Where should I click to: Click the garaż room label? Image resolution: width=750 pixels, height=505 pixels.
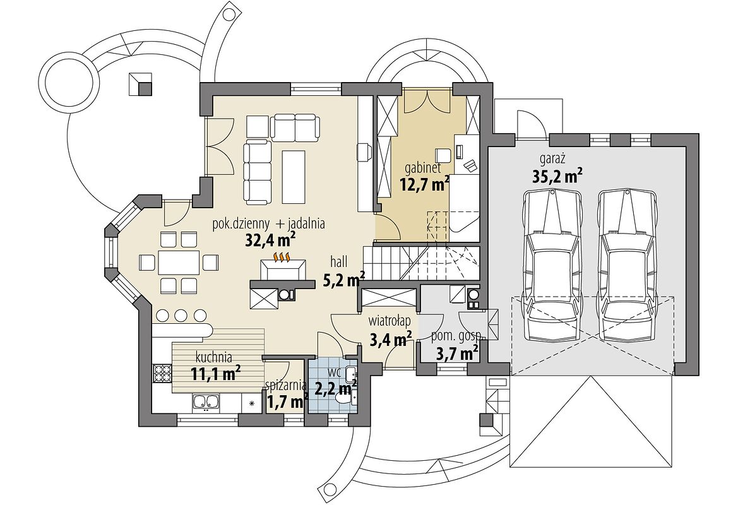(x=553, y=159)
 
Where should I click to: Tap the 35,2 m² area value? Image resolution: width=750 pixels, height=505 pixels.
(x=557, y=177)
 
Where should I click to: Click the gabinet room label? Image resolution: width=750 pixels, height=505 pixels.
(x=422, y=168)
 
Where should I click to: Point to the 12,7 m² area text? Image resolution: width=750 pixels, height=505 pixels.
(x=424, y=184)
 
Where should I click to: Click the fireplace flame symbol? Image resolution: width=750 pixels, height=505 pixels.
(x=282, y=258)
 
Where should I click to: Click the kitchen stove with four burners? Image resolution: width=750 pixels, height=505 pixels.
(x=162, y=373)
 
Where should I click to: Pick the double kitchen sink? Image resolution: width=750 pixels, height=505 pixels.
(x=206, y=403)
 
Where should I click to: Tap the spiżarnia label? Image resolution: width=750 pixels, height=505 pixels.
(x=286, y=385)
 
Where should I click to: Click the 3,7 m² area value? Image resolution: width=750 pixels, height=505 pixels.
(x=458, y=353)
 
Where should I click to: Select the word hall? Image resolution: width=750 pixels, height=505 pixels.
(x=338, y=261)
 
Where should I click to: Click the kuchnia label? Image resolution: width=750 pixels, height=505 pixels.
(x=214, y=357)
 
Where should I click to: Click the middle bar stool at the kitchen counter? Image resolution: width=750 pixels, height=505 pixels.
(x=181, y=316)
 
